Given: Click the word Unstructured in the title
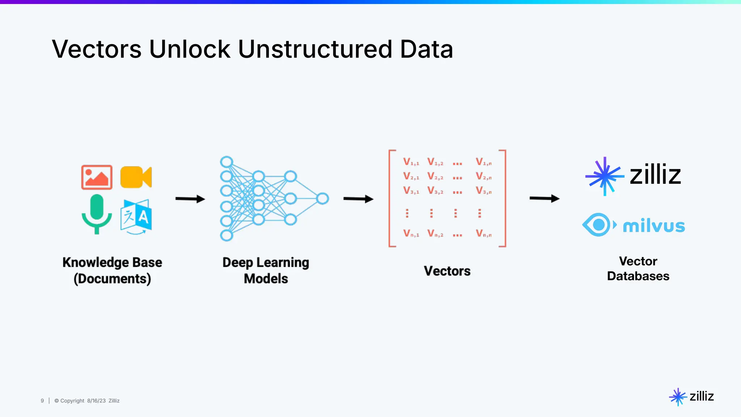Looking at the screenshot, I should [x=315, y=49].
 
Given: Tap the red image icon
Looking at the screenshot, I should [x=97, y=177].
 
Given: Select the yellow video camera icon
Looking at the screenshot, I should [x=136, y=177].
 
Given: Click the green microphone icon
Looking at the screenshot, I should [x=97, y=214].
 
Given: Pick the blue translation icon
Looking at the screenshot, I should [x=136, y=216].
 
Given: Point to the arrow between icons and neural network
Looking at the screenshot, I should [x=190, y=199].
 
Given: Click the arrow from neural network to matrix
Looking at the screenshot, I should [x=358, y=199].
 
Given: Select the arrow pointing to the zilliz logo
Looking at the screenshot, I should [x=544, y=198].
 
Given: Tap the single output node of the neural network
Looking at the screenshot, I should [x=322, y=198].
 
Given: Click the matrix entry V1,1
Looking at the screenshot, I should [x=411, y=162].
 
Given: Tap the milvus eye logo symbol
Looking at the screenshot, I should [x=599, y=225].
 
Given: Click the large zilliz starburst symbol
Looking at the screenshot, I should [x=605, y=176].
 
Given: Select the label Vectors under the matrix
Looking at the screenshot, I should [x=447, y=271].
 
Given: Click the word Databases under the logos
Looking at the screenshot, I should [x=638, y=276].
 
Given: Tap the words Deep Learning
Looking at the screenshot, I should [x=266, y=262].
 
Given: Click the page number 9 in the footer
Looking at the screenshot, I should [x=42, y=401].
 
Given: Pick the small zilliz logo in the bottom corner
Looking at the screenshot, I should [x=691, y=397].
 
